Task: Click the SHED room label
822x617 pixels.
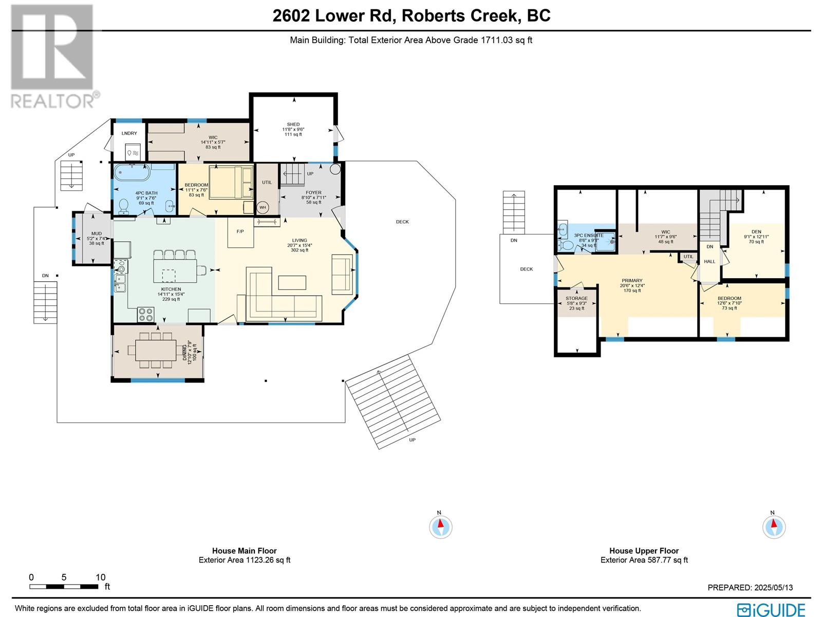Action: pyautogui.click(x=293, y=124)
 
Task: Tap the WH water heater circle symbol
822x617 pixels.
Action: pyautogui.click(x=263, y=208)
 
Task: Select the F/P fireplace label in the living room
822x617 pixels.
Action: pyautogui.click(x=240, y=231)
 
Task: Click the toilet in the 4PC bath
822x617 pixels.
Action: pyautogui.click(x=123, y=206)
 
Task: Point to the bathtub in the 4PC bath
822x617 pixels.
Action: pyautogui.click(x=132, y=173)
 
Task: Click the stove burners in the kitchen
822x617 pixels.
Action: pyautogui.click(x=145, y=314)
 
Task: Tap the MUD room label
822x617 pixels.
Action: pyautogui.click(x=96, y=234)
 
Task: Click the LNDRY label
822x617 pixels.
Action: pyautogui.click(x=129, y=134)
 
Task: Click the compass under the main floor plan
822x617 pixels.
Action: pyautogui.click(x=440, y=527)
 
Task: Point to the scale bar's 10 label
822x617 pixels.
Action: pyautogui.click(x=100, y=577)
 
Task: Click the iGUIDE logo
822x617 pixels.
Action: pyautogui.click(x=771, y=610)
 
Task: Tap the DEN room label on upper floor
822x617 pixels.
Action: pyautogui.click(x=756, y=232)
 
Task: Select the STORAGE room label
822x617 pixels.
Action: pyautogui.click(x=576, y=298)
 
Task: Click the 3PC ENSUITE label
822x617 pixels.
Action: pyautogui.click(x=589, y=235)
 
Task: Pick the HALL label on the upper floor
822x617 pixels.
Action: pyautogui.click(x=709, y=262)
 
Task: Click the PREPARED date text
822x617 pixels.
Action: pyautogui.click(x=750, y=588)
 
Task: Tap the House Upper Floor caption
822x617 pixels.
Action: pyautogui.click(x=644, y=551)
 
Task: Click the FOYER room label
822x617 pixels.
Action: pyautogui.click(x=313, y=193)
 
